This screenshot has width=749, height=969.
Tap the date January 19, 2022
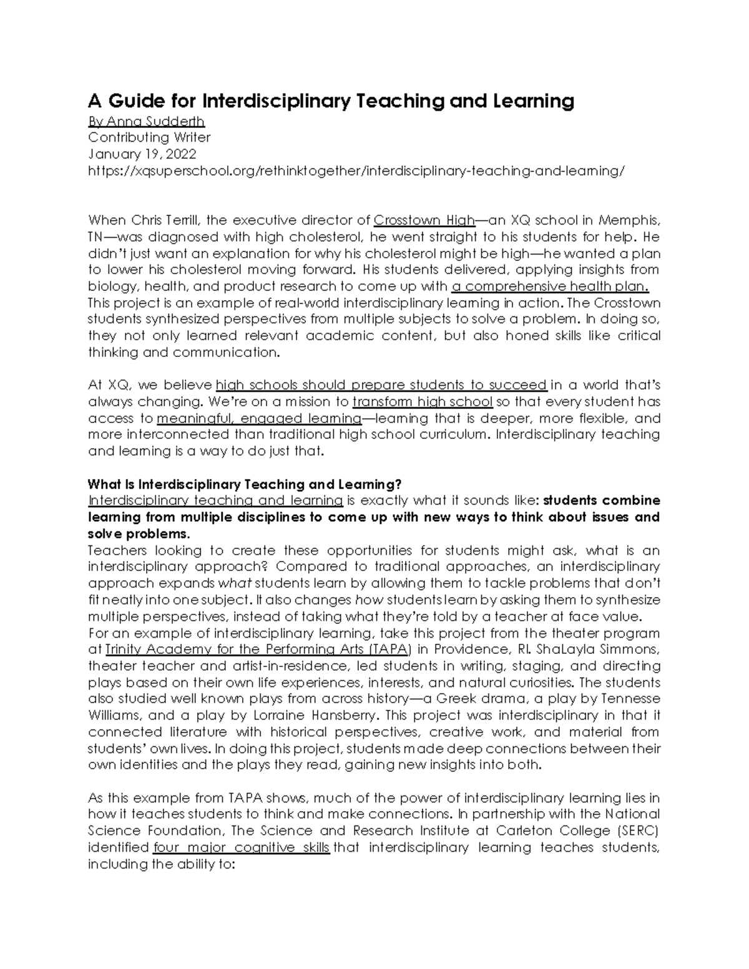[142, 154]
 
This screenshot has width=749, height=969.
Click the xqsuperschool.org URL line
[356, 171]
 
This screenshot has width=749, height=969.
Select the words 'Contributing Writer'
[149, 137]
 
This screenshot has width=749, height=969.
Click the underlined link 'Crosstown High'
[424, 220]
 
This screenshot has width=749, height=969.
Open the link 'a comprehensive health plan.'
[550, 286]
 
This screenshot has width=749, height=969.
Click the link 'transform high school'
[423, 402]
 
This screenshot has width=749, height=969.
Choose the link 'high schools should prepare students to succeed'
[381, 385]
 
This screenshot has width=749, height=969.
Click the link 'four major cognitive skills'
[241, 847]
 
